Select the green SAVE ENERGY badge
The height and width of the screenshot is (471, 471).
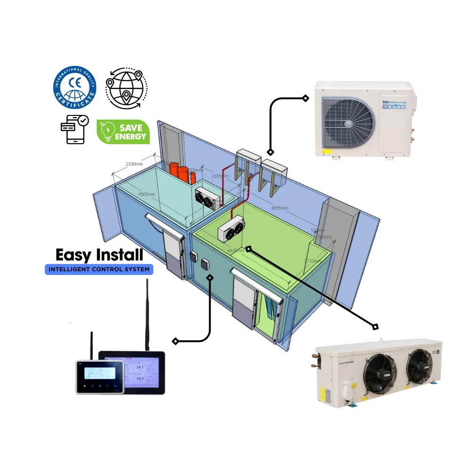pyautogui.click(x=123, y=131)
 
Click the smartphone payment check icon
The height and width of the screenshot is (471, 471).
pyautogui.click(x=74, y=129)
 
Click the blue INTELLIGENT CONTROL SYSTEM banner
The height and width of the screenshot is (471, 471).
pyautogui.click(x=99, y=270)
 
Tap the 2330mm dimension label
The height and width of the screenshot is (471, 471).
pyautogui.click(x=134, y=164)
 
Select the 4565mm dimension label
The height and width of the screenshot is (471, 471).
pyautogui.click(x=147, y=194)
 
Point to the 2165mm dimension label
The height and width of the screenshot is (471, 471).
pyautogui.click(x=219, y=176)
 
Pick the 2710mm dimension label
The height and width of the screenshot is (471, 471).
pyautogui.click(x=312, y=260)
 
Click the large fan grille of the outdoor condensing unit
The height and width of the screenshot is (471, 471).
pyautogui.click(x=348, y=121)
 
